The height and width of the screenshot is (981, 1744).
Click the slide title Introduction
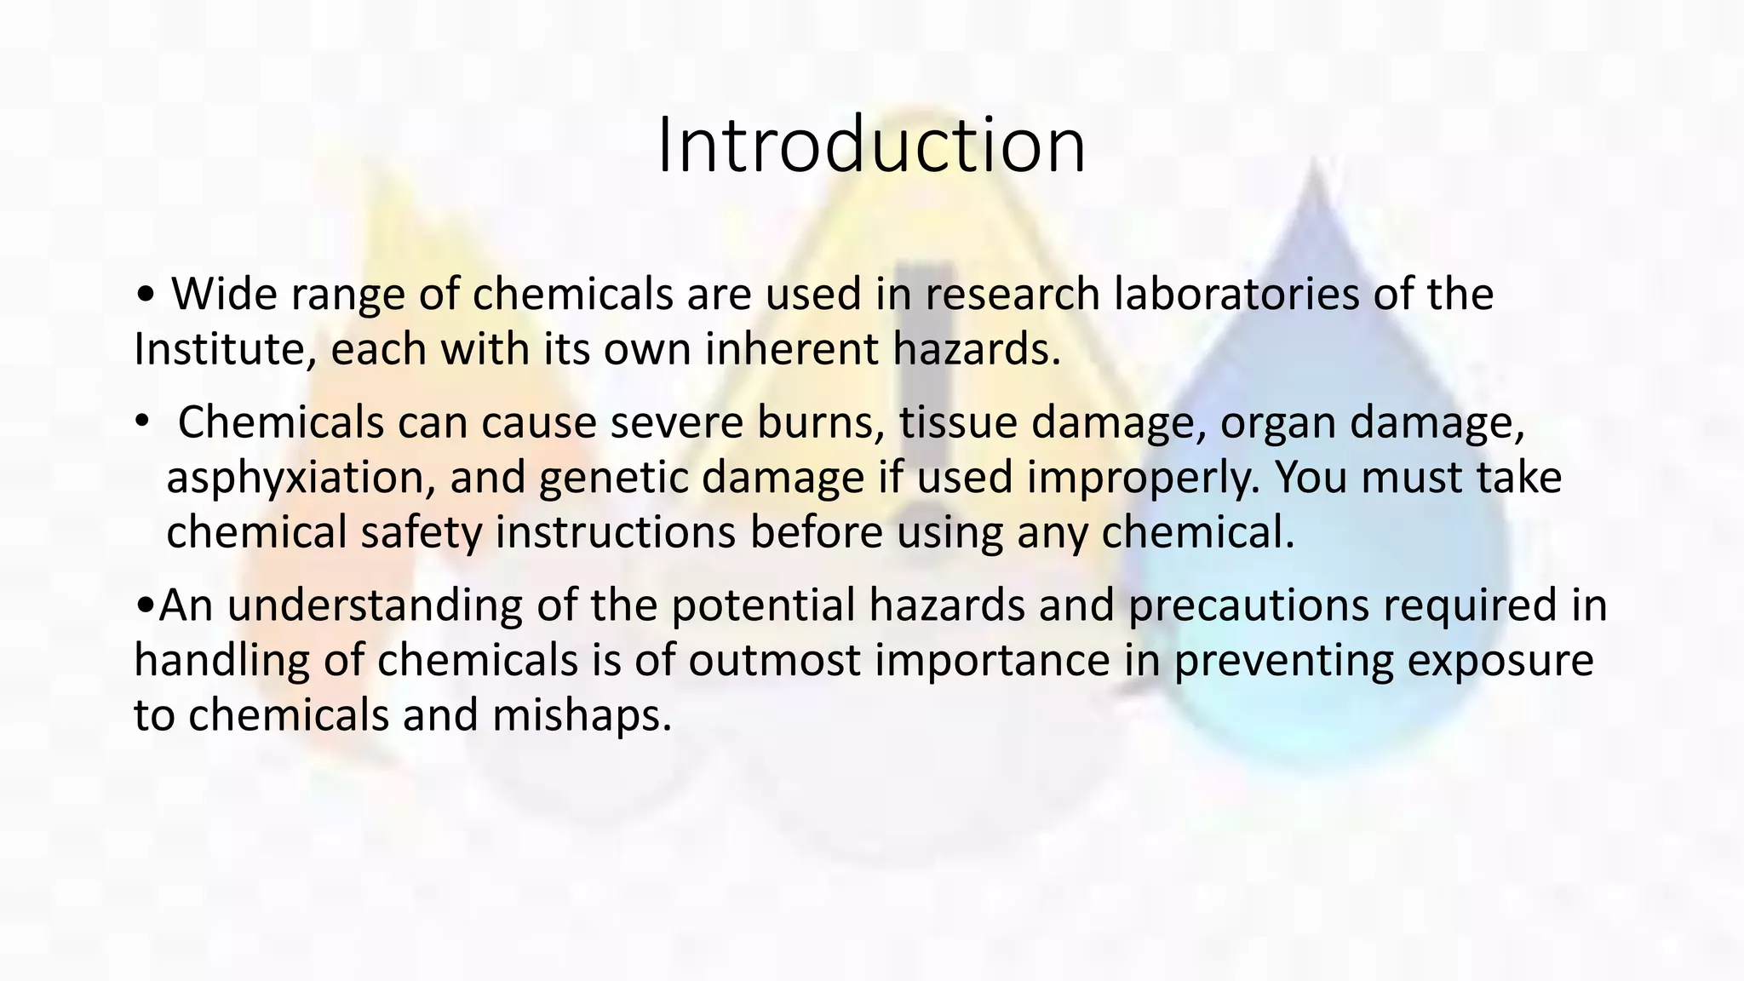(871, 146)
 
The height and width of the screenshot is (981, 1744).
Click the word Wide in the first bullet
(224, 295)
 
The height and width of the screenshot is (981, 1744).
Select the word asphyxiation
(295, 479)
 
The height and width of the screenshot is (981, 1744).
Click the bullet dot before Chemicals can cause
(142, 420)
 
